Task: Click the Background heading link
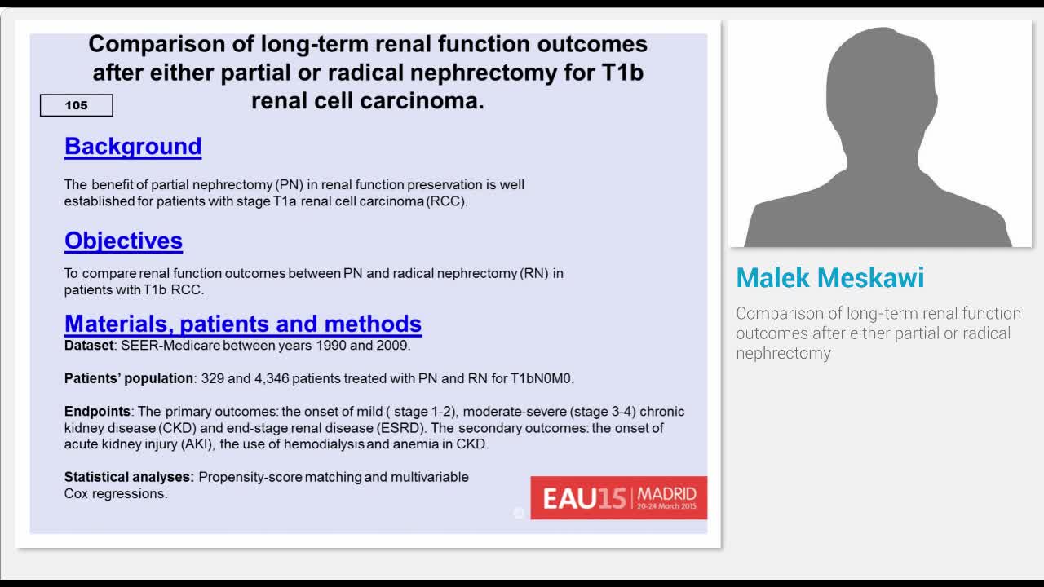(133, 146)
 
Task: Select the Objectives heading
(123, 241)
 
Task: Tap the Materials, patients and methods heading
(242, 324)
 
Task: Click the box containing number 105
(77, 105)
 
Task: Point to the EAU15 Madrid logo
(618, 497)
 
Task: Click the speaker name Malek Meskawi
(829, 278)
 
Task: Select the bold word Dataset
(89, 346)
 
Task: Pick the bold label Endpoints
(97, 412)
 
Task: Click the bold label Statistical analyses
(129, 477)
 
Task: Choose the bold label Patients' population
(129, 378)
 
